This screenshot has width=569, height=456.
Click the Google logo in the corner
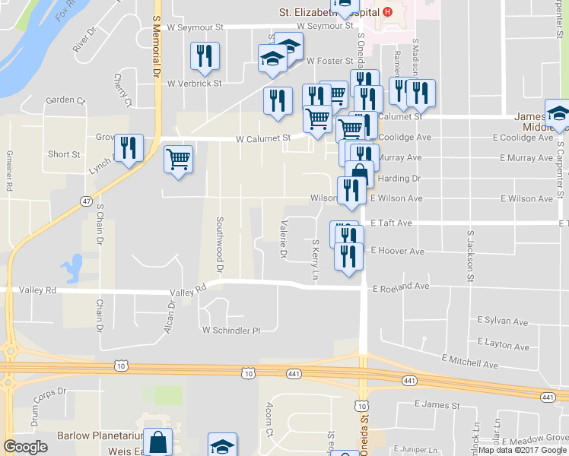[27, 447]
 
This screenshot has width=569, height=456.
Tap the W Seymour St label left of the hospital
[195, 27]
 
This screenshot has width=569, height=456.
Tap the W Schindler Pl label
[231, 331]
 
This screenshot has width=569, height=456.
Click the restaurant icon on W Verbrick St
[204, 55]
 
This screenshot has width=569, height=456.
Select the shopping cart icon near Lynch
[178, 160]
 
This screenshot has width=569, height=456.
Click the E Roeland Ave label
[401, 287]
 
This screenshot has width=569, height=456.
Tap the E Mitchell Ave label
[469, 361]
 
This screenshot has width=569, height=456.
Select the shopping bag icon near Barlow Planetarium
[157, 442]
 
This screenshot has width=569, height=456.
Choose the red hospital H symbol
[388, 11]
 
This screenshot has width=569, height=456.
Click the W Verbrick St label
[194, 84]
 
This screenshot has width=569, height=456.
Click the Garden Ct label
[65, 100]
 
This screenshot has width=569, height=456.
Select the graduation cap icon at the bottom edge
[222, 446]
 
